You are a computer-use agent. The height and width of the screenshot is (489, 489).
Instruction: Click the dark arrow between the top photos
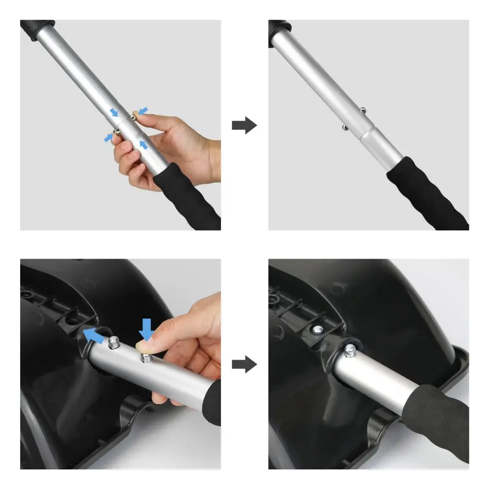[244, 125]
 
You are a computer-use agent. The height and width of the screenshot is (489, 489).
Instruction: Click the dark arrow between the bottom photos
[244, 364]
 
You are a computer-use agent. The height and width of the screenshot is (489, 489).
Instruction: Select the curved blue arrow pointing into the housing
[94, 335]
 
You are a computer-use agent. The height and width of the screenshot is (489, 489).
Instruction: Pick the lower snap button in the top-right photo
[344, 128]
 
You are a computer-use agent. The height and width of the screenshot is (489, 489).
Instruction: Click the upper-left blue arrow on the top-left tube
[113, 112]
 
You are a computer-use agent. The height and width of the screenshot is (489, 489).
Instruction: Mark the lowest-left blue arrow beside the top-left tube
[108, 138]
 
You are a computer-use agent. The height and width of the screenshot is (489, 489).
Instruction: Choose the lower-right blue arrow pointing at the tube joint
[143, 144]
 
